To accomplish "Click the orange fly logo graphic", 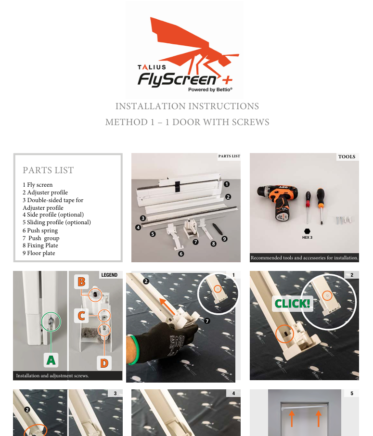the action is coord(192,47).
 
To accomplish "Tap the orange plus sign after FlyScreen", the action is coord(227,80).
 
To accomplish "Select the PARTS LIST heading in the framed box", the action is coord(48,170).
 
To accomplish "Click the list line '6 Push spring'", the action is coord(40,231).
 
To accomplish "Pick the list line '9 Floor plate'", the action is coord(39,253).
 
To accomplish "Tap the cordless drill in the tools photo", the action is coord(277,202).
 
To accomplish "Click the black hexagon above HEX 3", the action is coord(307,231).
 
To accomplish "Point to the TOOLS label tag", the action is coord(347,156).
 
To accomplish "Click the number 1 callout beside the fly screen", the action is coord(227,184).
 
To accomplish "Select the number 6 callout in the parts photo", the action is coord(181,254).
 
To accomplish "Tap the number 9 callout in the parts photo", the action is coord(224,239).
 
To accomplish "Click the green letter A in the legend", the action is coord(51,360).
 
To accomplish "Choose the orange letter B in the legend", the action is coord(81,282).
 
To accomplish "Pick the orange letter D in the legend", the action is coord(104,363).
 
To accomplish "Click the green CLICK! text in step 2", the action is coord(292,303).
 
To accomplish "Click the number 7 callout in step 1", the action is coord(207,321).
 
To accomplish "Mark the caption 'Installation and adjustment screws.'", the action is coord(52,376).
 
